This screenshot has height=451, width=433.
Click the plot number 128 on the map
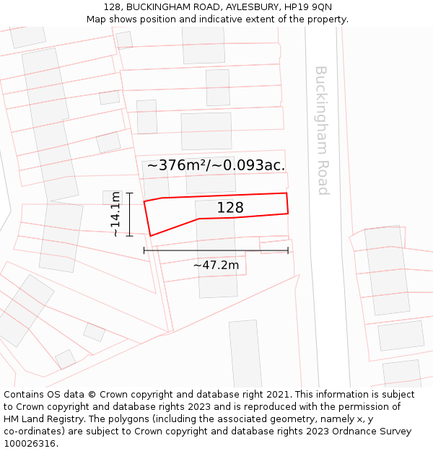click(x=230, y=208)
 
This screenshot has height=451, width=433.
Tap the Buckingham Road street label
click(x=322, y=131)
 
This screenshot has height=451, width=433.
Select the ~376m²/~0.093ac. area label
click(x=216, y=165)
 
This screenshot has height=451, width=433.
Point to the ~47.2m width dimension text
click(x=216, y=265)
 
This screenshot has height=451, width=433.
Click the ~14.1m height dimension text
click(x=115, y=215)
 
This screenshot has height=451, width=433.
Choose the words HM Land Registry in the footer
click(x=43, y=419)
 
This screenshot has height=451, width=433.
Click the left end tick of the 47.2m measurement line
click(x=144, y=250)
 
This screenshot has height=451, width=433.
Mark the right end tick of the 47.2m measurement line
click(x=288, y=250)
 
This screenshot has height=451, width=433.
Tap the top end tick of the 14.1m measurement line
click(x=129, y=193)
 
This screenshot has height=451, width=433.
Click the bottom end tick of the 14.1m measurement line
click(x=129, y=235)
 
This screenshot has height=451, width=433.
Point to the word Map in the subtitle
click(x=97, y=19)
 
